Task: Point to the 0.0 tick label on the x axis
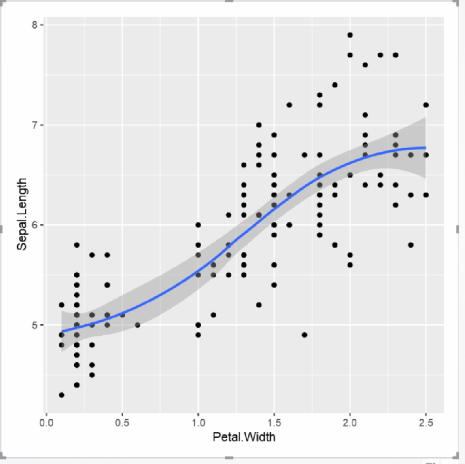[x=46, y=423]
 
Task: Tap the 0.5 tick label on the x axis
[x=122, y=423]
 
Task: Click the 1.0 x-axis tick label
[x=198, y=423]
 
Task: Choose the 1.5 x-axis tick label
[x=274, y=423]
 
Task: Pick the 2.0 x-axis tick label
[x=350, y=423]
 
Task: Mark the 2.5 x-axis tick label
[x=426, y=423]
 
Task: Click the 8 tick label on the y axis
[x=35, y=25]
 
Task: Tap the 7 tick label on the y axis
[x=35, y=125]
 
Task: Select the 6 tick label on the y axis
[x=35, y=225]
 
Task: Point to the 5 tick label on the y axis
[x=35, y=325]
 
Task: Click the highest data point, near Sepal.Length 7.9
[x=350, y=35]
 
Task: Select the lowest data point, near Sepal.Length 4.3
[x=62, y=395]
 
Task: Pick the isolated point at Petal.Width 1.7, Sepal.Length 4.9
[x=305, y=335]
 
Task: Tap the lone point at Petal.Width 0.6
[x=137, y=325]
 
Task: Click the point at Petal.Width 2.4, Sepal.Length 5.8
[x=410, y=245]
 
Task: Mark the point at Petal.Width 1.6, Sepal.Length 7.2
[x=289, y=105]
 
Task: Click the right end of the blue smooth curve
[x=426, y=148]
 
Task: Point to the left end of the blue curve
[x=62, y=331]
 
